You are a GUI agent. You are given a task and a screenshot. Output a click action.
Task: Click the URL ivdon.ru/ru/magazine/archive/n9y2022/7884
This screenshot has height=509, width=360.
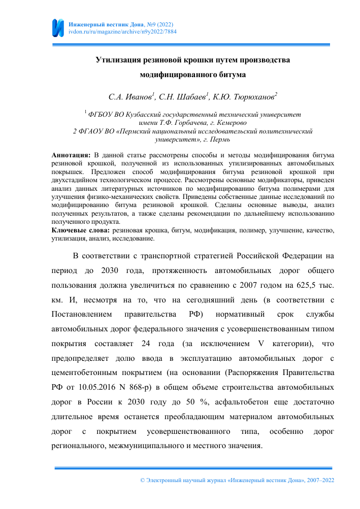click(x=122, y=31)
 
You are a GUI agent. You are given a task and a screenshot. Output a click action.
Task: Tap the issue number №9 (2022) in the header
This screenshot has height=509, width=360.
click(x=160, y=24)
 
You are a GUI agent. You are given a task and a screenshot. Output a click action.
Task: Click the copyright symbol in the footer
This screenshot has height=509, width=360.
click(x=143, y=480)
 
